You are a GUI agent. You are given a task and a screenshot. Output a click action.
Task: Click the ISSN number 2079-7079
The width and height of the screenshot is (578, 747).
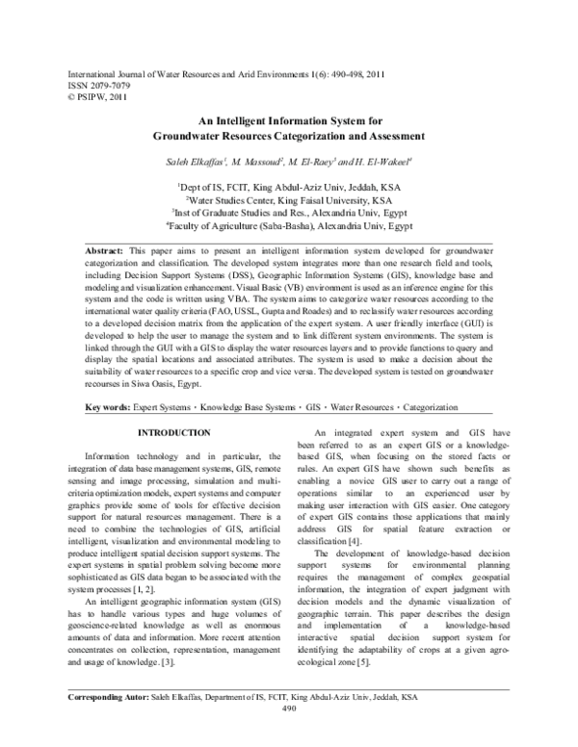tap(100, 85)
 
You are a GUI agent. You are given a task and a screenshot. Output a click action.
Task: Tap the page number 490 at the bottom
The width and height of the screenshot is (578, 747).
tap(288, 734)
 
